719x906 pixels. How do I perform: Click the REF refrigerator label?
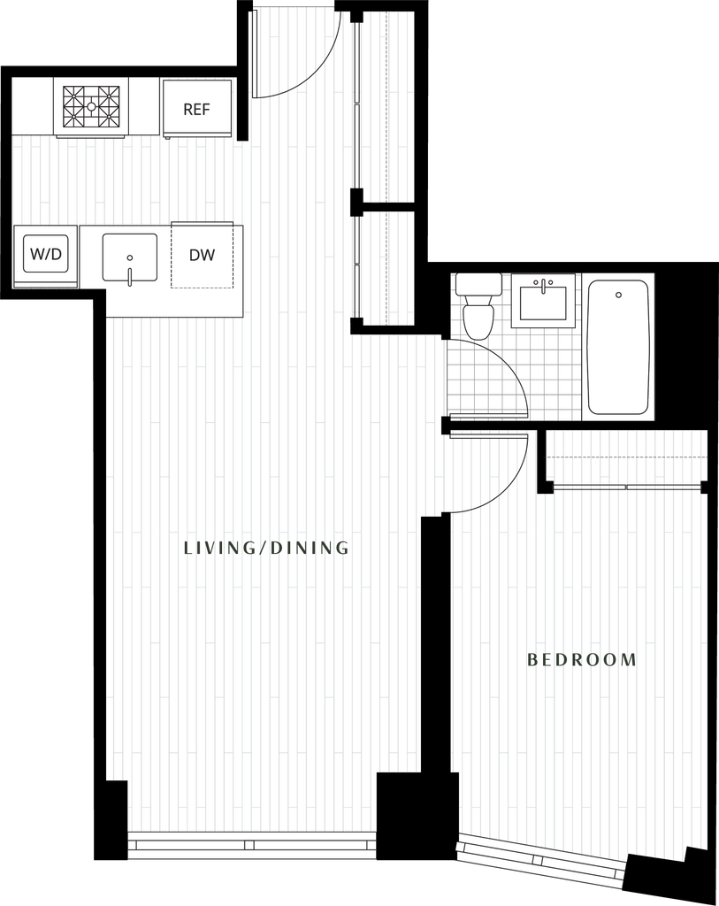[196, 109]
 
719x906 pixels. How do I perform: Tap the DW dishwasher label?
[203, 255]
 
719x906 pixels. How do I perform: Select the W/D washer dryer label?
[46, 254]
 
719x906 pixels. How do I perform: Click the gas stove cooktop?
[91, 107]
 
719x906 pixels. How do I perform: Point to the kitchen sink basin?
[130, 257]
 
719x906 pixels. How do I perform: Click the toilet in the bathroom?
[478, 306]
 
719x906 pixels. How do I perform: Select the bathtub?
[618, 347]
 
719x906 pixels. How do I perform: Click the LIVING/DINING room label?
[266, 548]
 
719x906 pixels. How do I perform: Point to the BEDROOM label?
[582, 659]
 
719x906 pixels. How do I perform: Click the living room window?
[251, 844]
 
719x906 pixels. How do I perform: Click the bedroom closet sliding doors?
[628, 488]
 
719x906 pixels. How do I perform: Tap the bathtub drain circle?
[618, 296]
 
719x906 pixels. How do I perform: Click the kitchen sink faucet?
[130, 276]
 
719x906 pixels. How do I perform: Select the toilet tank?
[478, 284]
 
